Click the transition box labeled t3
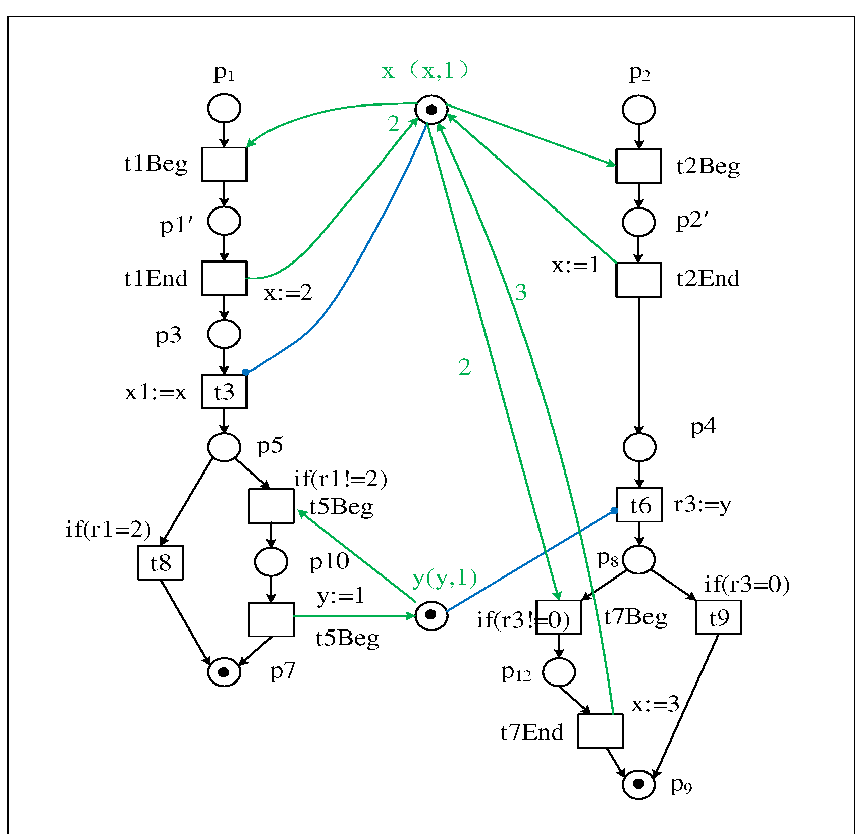pos(224,391)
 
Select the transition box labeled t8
pos(160,562)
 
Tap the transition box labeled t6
pos(639,505)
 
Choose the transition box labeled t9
pos(718,617)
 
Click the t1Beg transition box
pos(224,164)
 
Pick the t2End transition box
pos(638,280)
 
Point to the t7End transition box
pos(600,731)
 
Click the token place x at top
pos(431,109)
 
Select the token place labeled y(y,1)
pos(431,615)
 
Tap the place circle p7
pos(224,672)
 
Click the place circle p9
pos(638,784)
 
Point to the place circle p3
pos(224,334)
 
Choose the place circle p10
pos(271,561)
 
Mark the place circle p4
pos(639,447)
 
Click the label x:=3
pos(655,704)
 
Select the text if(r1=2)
pos(108,529)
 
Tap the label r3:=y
pos(702,504)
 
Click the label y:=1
pos(341,596)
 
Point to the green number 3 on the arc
pos(521,292)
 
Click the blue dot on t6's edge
pos(614,511)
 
